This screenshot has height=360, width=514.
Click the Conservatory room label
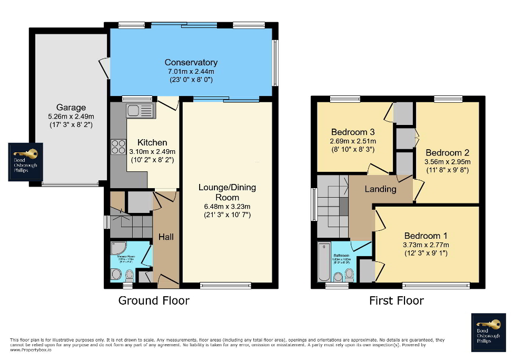pos(191,62)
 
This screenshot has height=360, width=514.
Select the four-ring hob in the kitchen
pos(117,146)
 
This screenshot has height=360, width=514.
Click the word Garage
pos(71,108)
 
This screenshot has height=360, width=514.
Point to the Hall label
pos(166,237)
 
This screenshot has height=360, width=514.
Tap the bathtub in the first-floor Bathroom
pos(324,262)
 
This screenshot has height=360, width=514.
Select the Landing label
pos(380,189)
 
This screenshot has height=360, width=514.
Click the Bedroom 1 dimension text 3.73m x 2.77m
pos(426,245)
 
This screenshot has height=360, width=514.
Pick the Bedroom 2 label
pos(448,152)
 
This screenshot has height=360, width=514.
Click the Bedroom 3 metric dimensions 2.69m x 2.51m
pos(353,141)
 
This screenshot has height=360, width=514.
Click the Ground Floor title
pos(153,301)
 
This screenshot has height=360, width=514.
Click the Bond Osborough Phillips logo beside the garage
pos(26,162)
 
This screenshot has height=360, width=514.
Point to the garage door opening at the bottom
pos(70,184)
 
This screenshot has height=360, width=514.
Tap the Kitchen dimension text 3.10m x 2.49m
pos(152,151)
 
